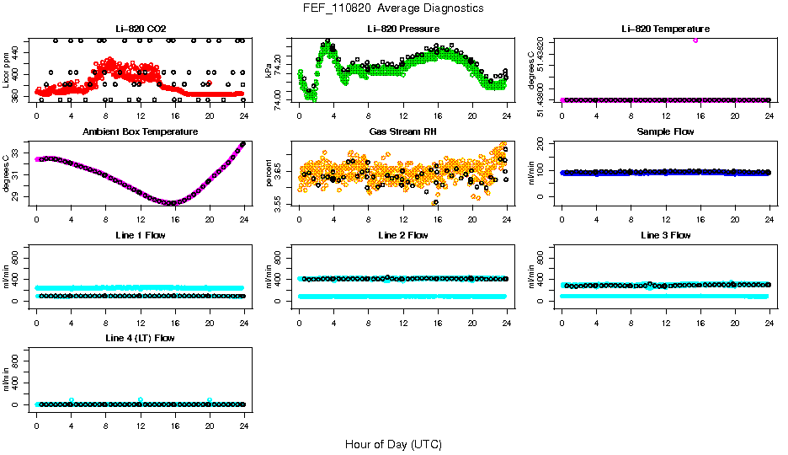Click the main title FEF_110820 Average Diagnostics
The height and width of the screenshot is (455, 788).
394,8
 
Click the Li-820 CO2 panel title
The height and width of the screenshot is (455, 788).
140,29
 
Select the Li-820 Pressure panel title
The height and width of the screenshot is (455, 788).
402,29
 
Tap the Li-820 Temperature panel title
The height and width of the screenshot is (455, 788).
665,29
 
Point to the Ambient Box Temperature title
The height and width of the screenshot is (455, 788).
140,132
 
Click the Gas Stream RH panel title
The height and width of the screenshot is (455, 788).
402,132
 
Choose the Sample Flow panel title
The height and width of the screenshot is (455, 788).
665,132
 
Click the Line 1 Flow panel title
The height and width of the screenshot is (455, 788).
140,235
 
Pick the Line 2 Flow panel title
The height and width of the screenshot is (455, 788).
402,235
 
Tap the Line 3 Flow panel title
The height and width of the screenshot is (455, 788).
665,235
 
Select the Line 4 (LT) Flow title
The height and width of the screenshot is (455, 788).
140,338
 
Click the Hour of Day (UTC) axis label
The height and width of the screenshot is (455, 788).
393,444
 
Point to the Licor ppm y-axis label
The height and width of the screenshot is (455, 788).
7,70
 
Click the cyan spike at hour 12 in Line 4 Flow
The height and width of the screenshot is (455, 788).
141,399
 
